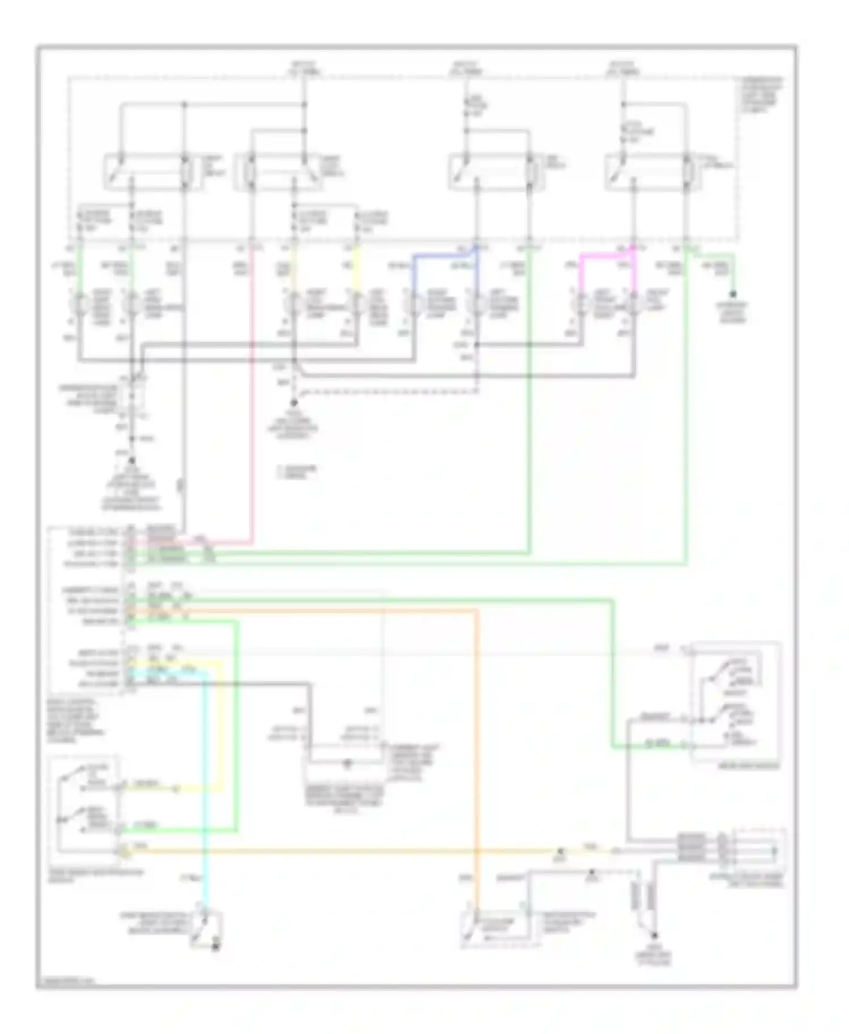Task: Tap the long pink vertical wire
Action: pos(252,396)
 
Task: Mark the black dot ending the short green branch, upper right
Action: pos(734,294)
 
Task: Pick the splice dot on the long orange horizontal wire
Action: pos(560,851)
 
